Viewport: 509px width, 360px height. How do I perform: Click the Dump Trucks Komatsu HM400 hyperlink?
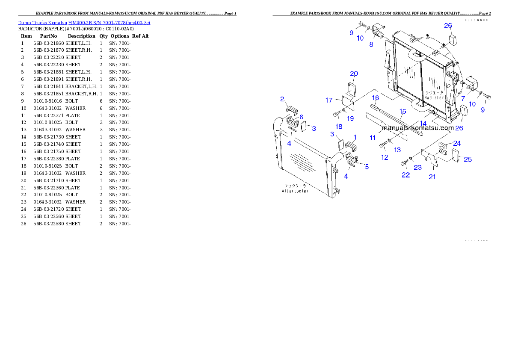[x=84, y=22]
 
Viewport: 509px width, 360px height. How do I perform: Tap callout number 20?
[x=354, y=74]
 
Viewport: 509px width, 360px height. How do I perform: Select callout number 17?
[x=329, y=100]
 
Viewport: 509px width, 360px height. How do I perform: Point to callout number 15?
[x=402, y=112]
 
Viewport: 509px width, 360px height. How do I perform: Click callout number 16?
[x=375, y=98]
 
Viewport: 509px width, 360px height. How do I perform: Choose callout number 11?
[x=373, y=138]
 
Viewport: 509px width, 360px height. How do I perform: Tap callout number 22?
[x=405, y=175]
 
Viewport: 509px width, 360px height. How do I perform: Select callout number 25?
[x=468, y=159]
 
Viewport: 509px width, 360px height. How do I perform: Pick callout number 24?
[x=457, y=144]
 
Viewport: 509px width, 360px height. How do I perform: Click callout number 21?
[x=432, y=177]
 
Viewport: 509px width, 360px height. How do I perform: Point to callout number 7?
[x=463, y=98]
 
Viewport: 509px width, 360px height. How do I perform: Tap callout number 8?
[x=371, y=44]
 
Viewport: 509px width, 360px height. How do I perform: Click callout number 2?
[x=282, y=99]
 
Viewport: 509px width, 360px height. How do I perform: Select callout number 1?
[x=354, y=137]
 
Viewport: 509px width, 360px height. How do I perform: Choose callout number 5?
[x=367, y=167]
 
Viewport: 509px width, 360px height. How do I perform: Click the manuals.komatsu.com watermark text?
[x=417, y=127]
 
